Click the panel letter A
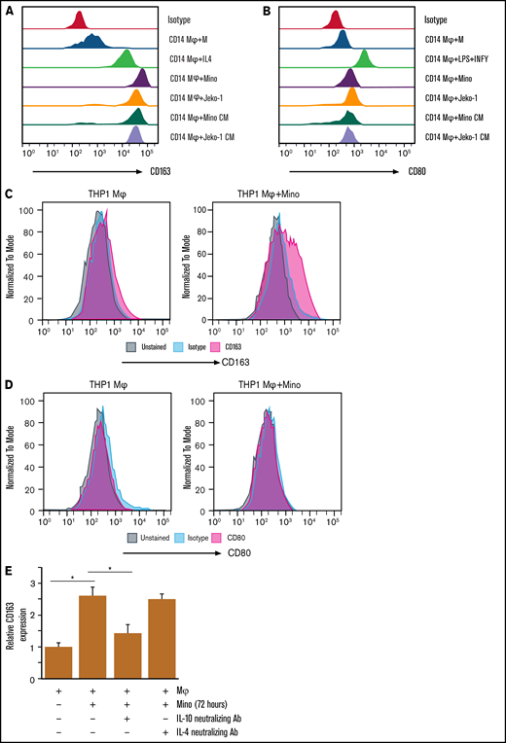click(9, 9)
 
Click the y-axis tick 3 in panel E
click(36, 583)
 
